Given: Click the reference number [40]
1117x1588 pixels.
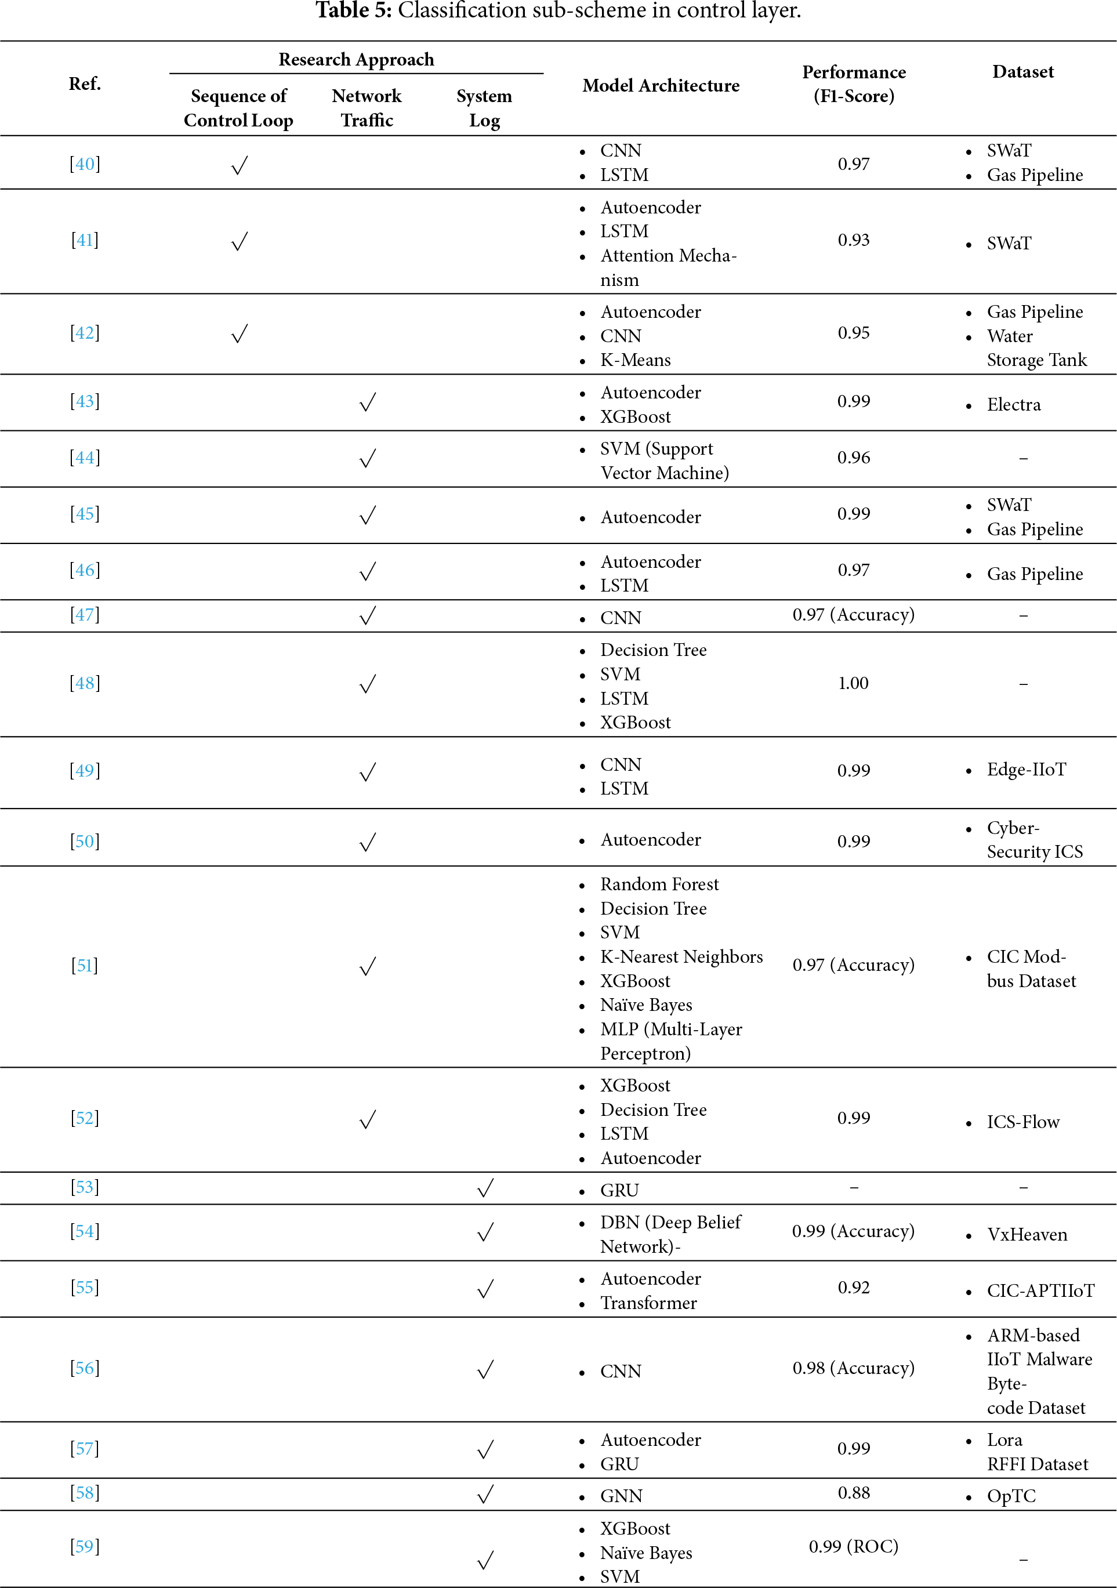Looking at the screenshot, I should coord(84,165).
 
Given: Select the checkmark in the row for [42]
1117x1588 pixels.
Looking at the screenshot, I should coord(240,334).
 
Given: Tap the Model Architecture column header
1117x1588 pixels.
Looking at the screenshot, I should coord(661,86).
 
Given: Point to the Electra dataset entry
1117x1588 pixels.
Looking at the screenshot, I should coord(1013,405).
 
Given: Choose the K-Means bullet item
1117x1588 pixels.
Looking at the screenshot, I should coord(635,360).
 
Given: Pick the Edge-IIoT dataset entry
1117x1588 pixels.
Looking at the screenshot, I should coord(1026,770).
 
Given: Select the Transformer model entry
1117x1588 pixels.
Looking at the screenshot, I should coord(648,1303).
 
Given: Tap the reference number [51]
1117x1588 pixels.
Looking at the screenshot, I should coord(84,966).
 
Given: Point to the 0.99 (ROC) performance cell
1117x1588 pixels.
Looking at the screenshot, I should coord(854,1546).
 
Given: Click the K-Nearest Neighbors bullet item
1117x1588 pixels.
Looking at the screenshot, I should coord(681,956).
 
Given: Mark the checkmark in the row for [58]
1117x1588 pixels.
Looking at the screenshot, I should coord(485,1495).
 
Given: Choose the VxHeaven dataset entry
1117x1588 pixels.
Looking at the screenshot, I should coord(1027,1235).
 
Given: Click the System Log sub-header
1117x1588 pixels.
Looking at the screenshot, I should coord(484,108).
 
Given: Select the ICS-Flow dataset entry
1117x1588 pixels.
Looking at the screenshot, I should coord(1023,1122).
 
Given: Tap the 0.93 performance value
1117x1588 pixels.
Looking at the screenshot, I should coord(854,240).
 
